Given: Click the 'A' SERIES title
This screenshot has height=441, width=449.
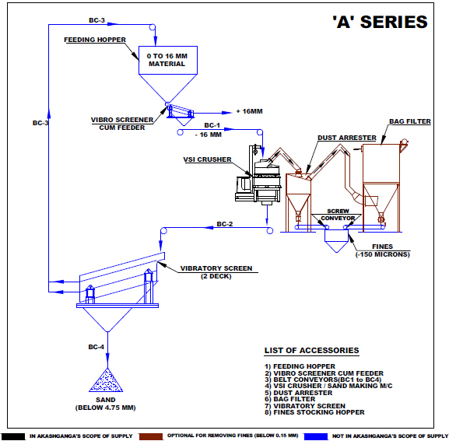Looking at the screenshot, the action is pos(380,22).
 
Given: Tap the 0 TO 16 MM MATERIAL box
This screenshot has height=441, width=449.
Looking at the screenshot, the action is pos(168,60).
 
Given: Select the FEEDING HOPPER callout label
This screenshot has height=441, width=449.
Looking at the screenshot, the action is pos(95,40).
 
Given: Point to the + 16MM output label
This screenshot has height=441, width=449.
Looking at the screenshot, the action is pos(250,111).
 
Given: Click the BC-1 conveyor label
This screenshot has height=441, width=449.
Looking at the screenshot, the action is pos(212,125).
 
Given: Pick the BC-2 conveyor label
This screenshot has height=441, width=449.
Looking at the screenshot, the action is pos(224,224).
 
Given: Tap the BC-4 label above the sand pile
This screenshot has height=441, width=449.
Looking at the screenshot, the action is pos(96,347).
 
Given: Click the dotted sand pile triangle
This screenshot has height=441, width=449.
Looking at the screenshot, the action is pos(106,380).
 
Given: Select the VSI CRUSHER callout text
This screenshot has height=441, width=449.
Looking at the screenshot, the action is pos(207,159).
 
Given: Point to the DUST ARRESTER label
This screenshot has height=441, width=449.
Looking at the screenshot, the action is pos(347,138).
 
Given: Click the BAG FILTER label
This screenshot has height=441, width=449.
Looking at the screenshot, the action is pos(410,121).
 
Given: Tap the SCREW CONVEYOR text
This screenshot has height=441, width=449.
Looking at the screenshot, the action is pos(338,215).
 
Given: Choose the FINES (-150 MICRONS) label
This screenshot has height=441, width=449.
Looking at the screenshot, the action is pos(383,250).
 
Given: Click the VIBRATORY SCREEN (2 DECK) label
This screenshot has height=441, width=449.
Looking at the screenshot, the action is pos(216,272).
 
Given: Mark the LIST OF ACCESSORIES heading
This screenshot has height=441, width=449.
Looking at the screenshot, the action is pos(311,351).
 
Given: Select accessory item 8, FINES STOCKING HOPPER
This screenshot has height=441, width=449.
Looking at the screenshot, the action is pos(314,412).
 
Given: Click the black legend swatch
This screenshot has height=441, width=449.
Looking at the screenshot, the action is pos(13,436).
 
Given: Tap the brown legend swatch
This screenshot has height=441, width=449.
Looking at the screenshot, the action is pos(151,436).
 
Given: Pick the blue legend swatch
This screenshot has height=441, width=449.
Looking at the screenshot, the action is pos(316,436).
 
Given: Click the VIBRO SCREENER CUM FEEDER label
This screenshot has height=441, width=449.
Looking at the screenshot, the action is pos(122,124).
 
